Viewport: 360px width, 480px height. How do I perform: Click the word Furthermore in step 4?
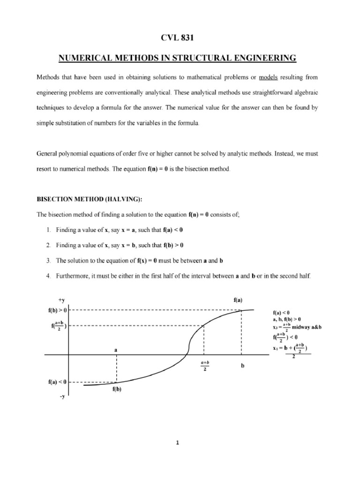coord(76,276)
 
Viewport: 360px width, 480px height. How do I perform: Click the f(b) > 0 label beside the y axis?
coord(59,310)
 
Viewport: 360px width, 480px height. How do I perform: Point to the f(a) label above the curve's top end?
coord(238,300)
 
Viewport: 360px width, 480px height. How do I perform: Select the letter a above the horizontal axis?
coord(116,350)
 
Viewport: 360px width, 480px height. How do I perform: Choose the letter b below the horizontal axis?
coord(242,366)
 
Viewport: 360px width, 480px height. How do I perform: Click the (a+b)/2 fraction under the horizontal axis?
coord(205,366)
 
